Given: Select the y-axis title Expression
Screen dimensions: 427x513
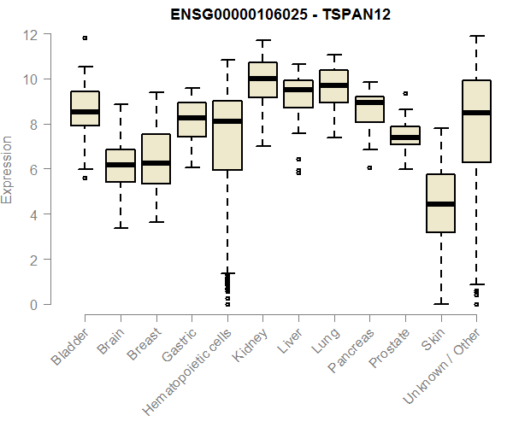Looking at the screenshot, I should (x=8, y=169).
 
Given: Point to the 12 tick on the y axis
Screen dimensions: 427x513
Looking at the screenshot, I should (x=32, y=34).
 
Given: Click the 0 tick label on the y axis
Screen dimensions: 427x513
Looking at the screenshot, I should (x=32, y=304).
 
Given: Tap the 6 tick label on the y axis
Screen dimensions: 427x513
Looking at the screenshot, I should (x=32, y=169).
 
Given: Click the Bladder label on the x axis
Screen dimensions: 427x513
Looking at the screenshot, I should (x=70, y=346).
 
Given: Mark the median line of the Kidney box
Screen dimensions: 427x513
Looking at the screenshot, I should (x=262, y=79).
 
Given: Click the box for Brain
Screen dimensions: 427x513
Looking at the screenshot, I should (x=120, y=166).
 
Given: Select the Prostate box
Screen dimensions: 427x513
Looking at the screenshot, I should (x=404, y=135).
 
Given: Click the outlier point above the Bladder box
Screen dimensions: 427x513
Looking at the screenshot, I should (x=85, y=38).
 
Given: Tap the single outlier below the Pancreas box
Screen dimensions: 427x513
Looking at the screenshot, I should (x=369, y=167).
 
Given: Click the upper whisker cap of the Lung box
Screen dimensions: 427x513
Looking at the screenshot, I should (x=333, y=55).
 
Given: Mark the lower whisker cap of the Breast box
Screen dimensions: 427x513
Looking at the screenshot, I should (x=156, y=222).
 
